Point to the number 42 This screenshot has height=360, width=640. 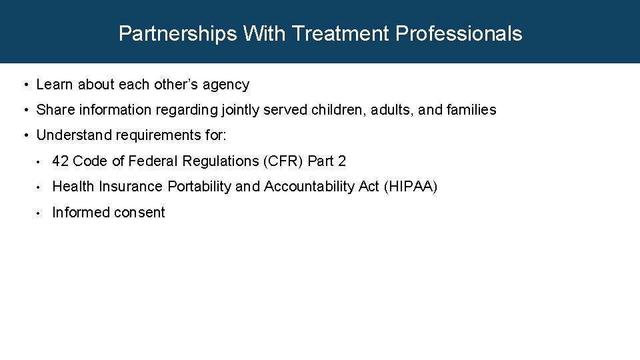coord(61,161)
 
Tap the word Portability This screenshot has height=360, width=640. coord(199,187)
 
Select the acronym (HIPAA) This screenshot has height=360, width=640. coord(411,187)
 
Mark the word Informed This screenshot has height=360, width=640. coord(77,213)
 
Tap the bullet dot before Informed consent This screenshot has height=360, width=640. coord(39,213)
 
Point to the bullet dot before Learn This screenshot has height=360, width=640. coord(24,85)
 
